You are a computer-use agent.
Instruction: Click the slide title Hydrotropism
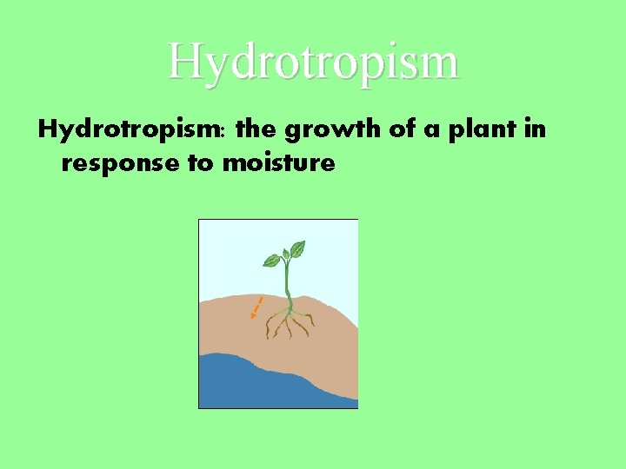(x=313, y=61)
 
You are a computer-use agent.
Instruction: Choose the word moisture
(x=279, y=162)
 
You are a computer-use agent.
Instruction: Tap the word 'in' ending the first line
(x=536, y=131)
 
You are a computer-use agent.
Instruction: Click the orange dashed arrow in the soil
(x=257, y=307)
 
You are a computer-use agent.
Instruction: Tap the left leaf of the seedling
(x=272, y=260)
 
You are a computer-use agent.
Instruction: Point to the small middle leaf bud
(x=284, y=253)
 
